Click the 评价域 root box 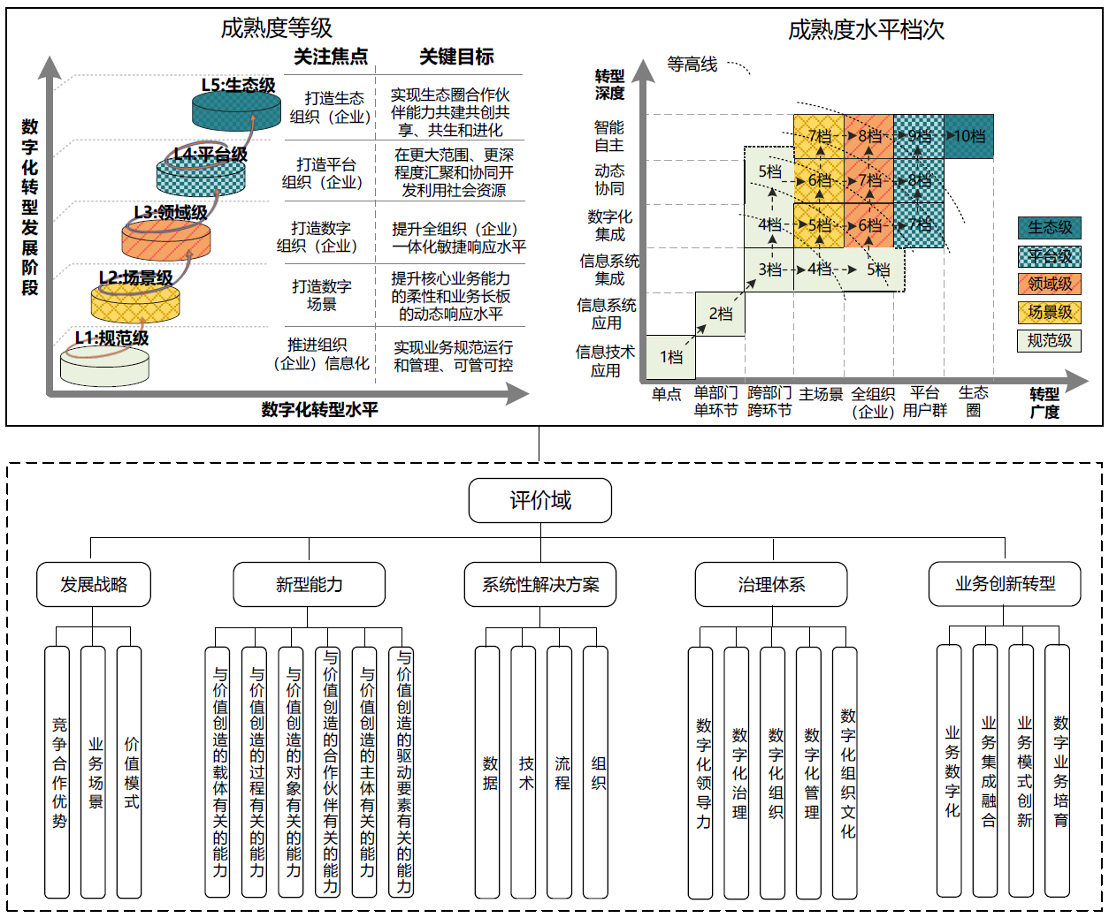pos(540,500)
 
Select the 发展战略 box pos(94,584)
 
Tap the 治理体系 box pos(771,584)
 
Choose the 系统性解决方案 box pos(540,584)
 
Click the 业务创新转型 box pos(1005,584)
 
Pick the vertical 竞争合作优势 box pos(57,772)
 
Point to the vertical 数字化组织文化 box pos(845,772)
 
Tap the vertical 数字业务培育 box pos(1057,771)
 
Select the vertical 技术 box pos(524,772)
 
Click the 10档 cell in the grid pos(968,136)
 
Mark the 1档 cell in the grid pos(671,357)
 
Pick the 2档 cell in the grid pos(720,314)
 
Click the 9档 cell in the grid pos(919,136)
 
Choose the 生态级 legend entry pos(1050,228)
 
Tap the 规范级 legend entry pos(1050,340)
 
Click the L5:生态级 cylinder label pos(239,85)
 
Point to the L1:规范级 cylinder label pos(111,338)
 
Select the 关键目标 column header pos(456,57)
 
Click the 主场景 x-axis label pos(821,394)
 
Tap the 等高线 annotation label pos(692,64)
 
